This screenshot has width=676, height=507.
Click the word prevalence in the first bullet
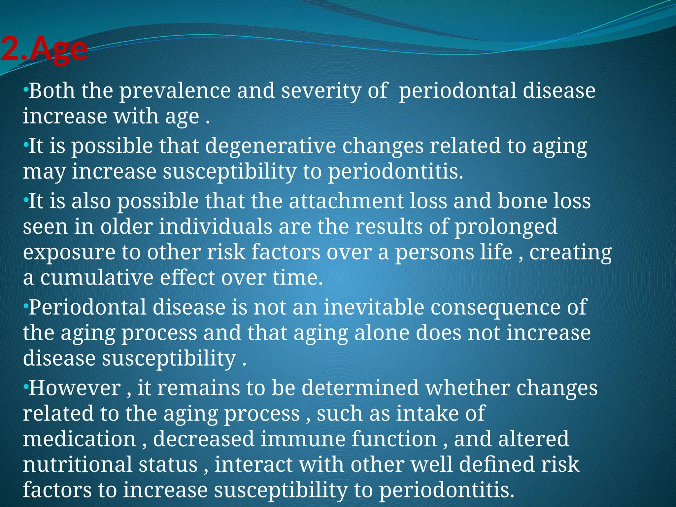(x=175, y=91)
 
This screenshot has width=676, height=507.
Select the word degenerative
(x=270, y=146)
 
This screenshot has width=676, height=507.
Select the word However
(x=75, y=388)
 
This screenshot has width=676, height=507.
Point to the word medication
(x=79, y=439)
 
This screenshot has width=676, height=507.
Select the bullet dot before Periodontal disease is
(x=26, y=305)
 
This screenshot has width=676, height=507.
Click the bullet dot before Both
(x=26, y=89)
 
